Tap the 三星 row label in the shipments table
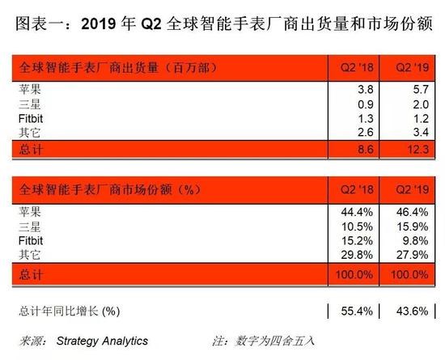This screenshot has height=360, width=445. (28, 104)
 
